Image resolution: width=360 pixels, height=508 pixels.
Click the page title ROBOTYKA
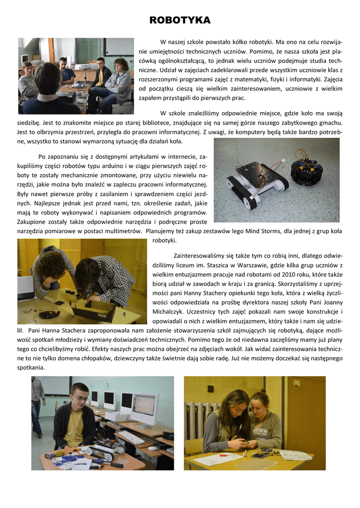tap(180, 20)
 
